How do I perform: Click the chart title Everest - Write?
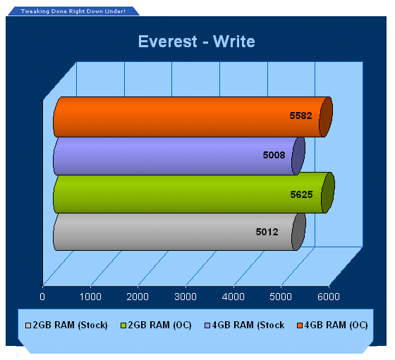(x=197, y=42)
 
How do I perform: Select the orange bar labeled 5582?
(x=193, y=117)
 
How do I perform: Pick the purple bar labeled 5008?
(x=179, y=156)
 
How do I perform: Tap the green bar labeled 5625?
(x=194, y=193)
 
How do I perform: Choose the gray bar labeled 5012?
(x=179, y=232)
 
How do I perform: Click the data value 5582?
(x=300, y=116)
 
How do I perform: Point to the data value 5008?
(x=274, y=155)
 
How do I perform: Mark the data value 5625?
(x=302, y=194)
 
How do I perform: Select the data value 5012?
(x=267, y=232)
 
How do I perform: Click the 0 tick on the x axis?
(x=42, y=297)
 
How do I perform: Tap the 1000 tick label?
(x=90, y=297)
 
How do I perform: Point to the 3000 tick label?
(x=186, y=297)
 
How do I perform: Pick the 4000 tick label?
(x=233, y=297)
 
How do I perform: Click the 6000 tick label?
(x=329, y=297)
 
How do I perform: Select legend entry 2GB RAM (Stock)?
(x=66, y=325)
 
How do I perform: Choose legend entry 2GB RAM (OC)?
(x=156, y=325)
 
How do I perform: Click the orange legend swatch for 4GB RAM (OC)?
(x=300, y=325)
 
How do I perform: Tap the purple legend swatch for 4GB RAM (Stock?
(x=207, y=325)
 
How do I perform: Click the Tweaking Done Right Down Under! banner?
(x=73, y=11)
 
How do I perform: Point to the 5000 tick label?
(x=281, y=297)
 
